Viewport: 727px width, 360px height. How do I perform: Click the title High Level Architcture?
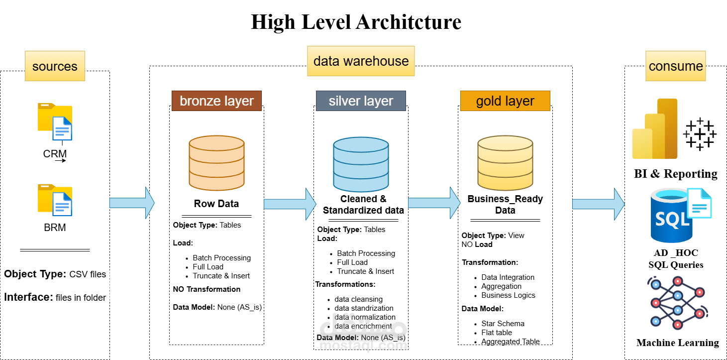click(x=356, y=22)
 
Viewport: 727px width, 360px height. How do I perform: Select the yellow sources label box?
click(x=55, y=66)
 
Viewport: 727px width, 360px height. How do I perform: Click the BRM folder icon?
click(x=55, y=200)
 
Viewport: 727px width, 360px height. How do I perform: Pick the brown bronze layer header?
click(x=216, y=101)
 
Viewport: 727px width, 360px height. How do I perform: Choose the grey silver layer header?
click(x=361, y=101)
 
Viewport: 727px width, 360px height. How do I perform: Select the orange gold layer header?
click(x=505, y=101)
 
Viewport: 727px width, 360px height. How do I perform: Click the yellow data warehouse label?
click(x=361, y=61)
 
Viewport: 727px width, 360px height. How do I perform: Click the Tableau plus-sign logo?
click(x=700, y=134)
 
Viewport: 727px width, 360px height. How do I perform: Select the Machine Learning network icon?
click(x=676, y=304)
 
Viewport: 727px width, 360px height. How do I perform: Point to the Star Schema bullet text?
click(x=503, y=324)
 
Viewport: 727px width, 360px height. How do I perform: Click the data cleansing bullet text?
click(x=358, y=299)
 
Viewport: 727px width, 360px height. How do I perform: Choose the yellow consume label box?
click(x=676, y=66)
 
